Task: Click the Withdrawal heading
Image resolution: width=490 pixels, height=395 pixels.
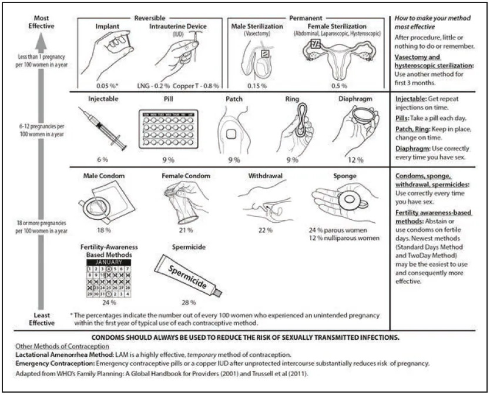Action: point(262,176)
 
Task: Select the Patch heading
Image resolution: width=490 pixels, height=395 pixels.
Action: point(234,99)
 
